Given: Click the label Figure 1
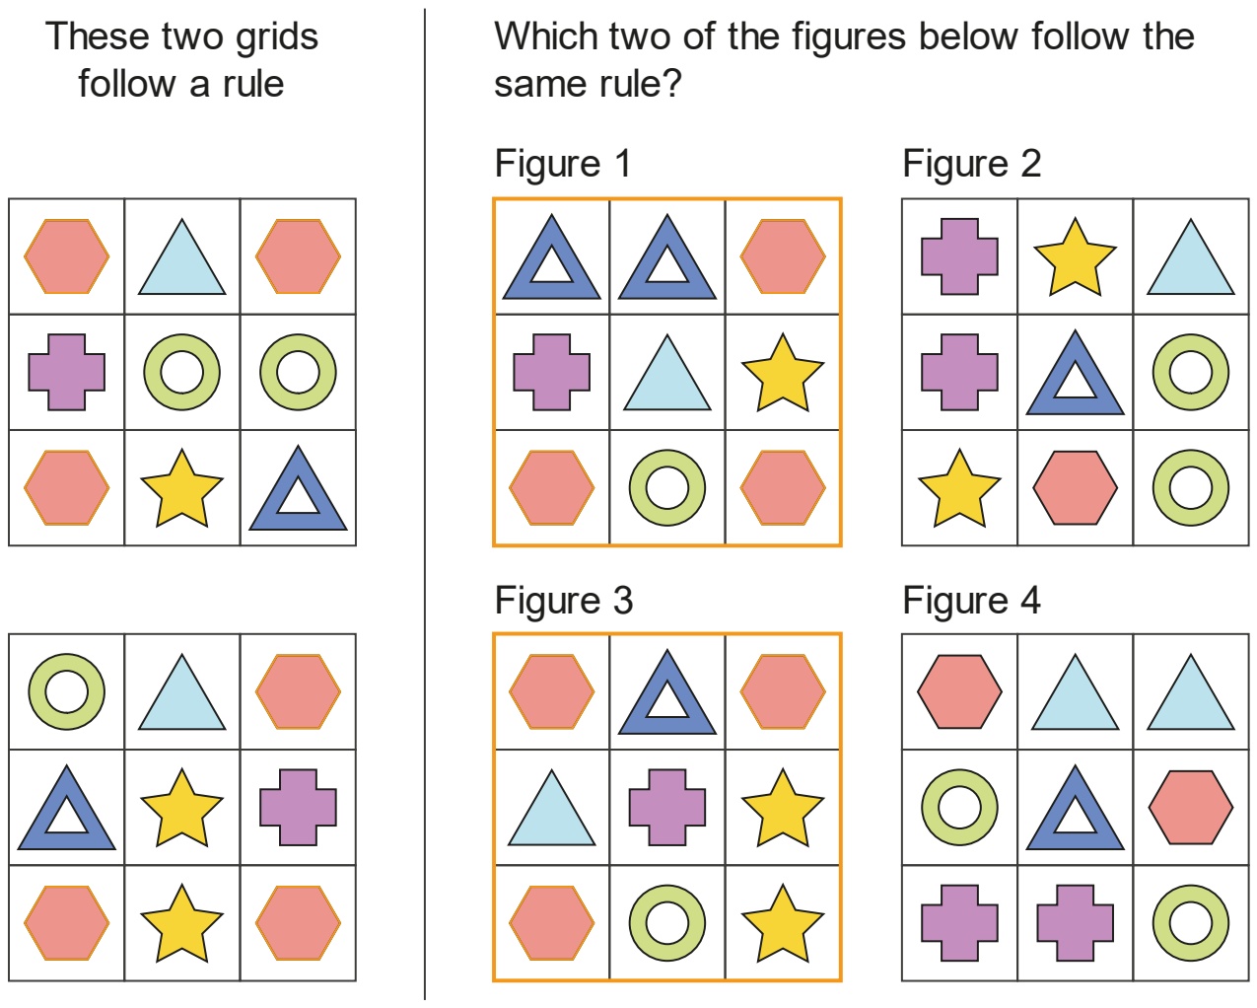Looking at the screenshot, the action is pos(563,164).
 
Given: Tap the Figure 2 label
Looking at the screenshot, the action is pos(971,164).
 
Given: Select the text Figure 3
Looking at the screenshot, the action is pos(564,601).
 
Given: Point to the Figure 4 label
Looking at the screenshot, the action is pos(971,601).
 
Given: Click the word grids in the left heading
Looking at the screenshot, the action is pos(277,37).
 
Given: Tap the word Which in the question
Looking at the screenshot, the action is pos(545,36).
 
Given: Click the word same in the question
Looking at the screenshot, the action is pos(531,85).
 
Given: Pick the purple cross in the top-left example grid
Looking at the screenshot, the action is pos(67,372).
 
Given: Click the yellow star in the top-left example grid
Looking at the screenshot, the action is pos(181,489).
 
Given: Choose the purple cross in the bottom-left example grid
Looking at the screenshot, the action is pos(298,807).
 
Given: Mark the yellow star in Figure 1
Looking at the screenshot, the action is pos(783,374).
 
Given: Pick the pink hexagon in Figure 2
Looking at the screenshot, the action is pos(1075,487).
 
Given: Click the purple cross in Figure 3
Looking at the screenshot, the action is pos(667,807).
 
